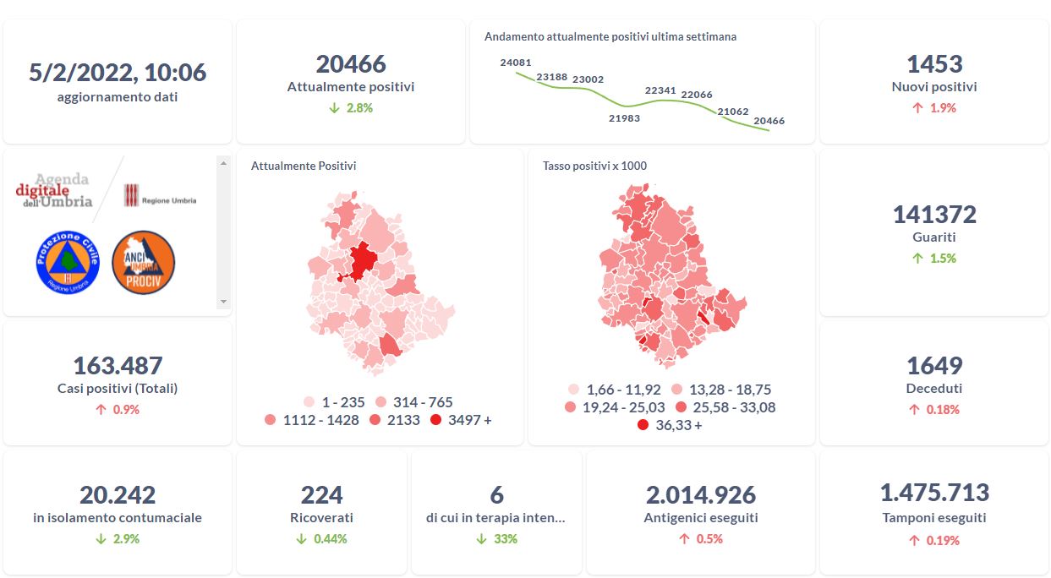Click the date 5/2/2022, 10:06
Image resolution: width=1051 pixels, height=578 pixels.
[118, 73]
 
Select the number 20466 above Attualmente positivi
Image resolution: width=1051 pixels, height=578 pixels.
[351, 64]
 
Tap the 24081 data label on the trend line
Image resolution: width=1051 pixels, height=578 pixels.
[516, 63]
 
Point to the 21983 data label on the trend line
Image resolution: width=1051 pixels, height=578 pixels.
[624, 118]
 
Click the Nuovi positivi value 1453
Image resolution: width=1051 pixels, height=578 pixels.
[934, 64]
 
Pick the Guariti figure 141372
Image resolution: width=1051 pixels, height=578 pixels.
[934, 215]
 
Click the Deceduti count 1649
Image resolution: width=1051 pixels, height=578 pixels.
[934, 366]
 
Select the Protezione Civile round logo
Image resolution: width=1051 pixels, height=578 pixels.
[68, 262]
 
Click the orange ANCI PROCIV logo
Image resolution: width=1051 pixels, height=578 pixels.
[143, 262]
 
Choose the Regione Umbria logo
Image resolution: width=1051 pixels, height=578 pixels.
[161, 197]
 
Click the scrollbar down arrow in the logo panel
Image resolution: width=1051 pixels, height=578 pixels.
[223, 302]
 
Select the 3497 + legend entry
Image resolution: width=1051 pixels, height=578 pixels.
[461, 420]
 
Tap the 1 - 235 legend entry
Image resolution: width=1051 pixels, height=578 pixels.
[336, 402]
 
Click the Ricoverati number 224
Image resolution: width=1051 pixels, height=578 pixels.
[322, 494]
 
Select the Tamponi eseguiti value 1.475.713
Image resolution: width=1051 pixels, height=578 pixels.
[934, 493]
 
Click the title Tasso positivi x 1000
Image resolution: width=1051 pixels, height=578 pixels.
[594, 166]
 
